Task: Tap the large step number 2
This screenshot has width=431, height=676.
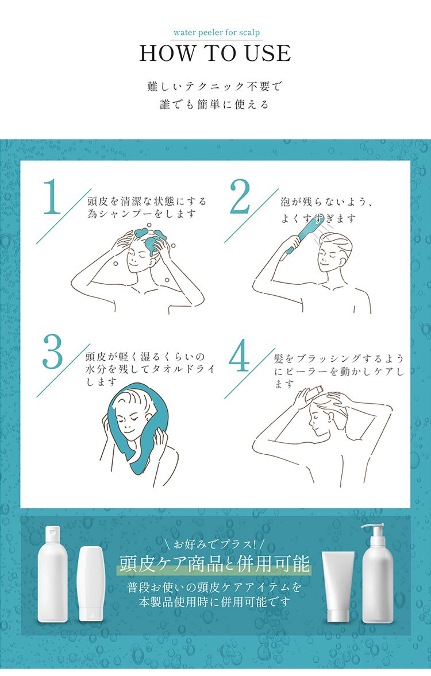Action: (x=240, y=196)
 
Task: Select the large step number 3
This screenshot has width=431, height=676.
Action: (x=53, y=352)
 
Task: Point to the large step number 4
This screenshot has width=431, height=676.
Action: (x=239, y=356)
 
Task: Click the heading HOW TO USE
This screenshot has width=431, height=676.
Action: (x=215, y=53)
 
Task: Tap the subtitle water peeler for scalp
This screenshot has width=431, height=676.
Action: (x=217, y=32)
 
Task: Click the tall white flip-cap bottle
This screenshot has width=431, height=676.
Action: (x=53, y=574)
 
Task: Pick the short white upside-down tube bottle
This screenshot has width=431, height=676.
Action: (x=91, y=584)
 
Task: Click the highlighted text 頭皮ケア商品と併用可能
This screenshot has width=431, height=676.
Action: (x=214, y=563)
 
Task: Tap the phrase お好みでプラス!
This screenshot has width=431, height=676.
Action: (x=214, y=544)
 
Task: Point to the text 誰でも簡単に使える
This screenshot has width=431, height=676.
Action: (x=214, y=105)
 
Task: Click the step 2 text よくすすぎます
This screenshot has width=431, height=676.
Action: (x=319, y=219)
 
